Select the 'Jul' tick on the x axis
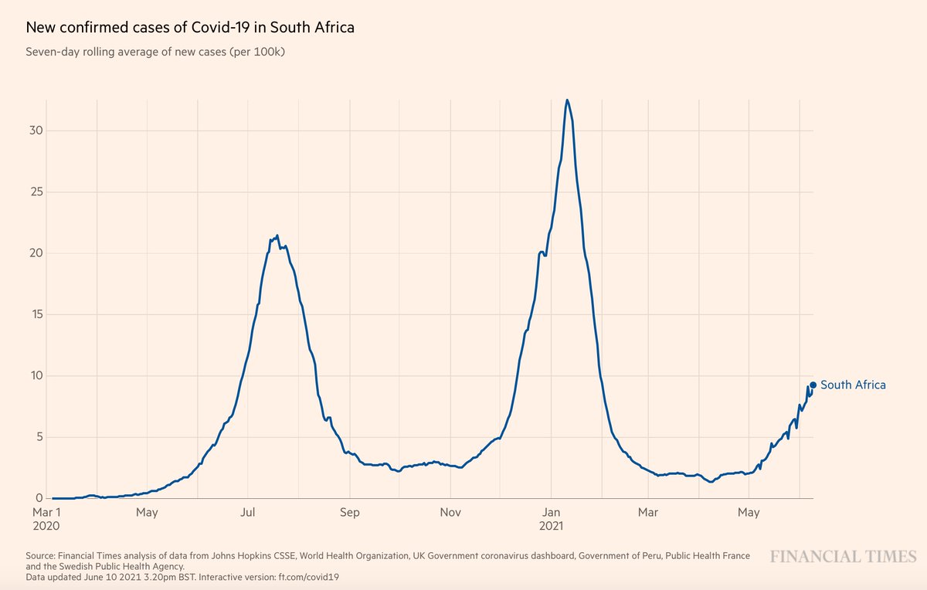point(248,512)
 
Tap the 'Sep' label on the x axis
point(350,512)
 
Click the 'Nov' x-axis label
point(450,512)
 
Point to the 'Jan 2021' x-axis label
point(552,518)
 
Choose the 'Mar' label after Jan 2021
point(648,512)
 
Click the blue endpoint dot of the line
point(813,385)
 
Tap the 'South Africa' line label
point(853,385)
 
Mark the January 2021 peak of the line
point(567,100)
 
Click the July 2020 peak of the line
point(277,236)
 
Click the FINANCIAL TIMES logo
point(842,556)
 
